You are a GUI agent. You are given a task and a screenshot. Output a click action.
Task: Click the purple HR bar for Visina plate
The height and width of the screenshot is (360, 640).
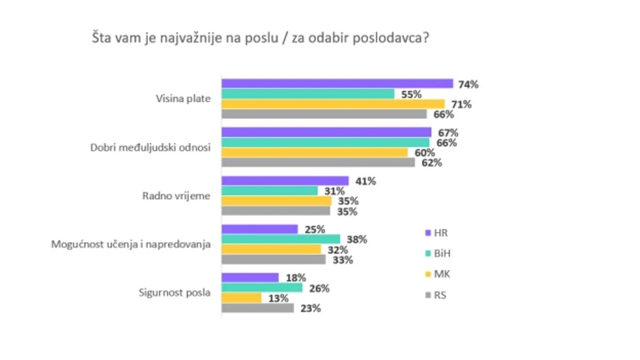[x=337, y=84]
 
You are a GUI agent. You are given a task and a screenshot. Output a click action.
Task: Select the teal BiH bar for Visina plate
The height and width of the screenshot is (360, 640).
[x=308, y=94]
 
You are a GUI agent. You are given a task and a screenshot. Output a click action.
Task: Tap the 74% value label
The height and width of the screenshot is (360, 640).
[x=468, y=84]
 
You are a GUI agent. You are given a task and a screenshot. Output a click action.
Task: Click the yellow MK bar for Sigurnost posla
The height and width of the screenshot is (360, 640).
[x=241, y=298]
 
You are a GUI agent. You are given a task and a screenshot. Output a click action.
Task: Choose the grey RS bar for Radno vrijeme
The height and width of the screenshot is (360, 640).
[x=276, y=211]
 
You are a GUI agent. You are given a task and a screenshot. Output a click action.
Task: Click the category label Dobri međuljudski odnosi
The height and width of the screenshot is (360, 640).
[x=151, y=148]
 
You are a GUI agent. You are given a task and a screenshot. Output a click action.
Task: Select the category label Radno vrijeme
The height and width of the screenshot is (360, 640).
[x=176, y=196]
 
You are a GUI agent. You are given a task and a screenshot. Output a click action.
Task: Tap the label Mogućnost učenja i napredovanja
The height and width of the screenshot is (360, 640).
[x=131, y=245]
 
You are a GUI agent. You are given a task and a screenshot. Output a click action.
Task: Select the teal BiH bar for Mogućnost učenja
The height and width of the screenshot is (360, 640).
[x=281, y=239]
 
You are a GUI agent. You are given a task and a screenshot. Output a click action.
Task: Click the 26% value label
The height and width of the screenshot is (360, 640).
[x=318, y=289]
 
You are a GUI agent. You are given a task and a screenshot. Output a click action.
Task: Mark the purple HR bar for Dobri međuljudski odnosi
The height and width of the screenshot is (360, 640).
[x=326, y=132]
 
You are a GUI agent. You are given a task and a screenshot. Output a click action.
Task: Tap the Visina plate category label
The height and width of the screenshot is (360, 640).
[x=183, y=99]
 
